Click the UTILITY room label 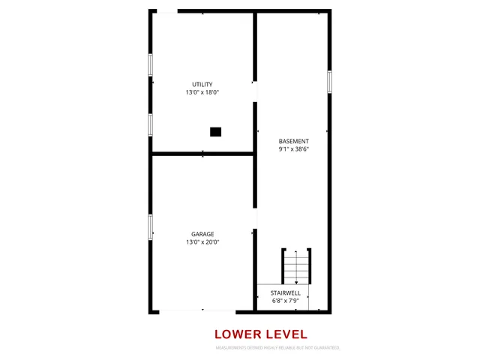pos(202,84)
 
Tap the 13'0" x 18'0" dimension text pos(202,92)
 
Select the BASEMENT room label pos(293,141)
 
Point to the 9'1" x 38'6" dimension pos(293,149)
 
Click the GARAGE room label pos(202,234)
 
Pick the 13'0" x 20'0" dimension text pos(202,242)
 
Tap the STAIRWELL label pos(286,292)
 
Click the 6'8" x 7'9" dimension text pos(286,301)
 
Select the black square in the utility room pos(215,132)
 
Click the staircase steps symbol pos(296,265)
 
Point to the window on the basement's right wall pos(329,82)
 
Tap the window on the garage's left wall pos(150,226)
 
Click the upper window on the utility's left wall pos(150,65)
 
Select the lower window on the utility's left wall pos(150,124)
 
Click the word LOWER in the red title pos(239,334)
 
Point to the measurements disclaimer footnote pos(278,348)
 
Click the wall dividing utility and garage pos(202,154)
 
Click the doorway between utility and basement pos(255,91)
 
